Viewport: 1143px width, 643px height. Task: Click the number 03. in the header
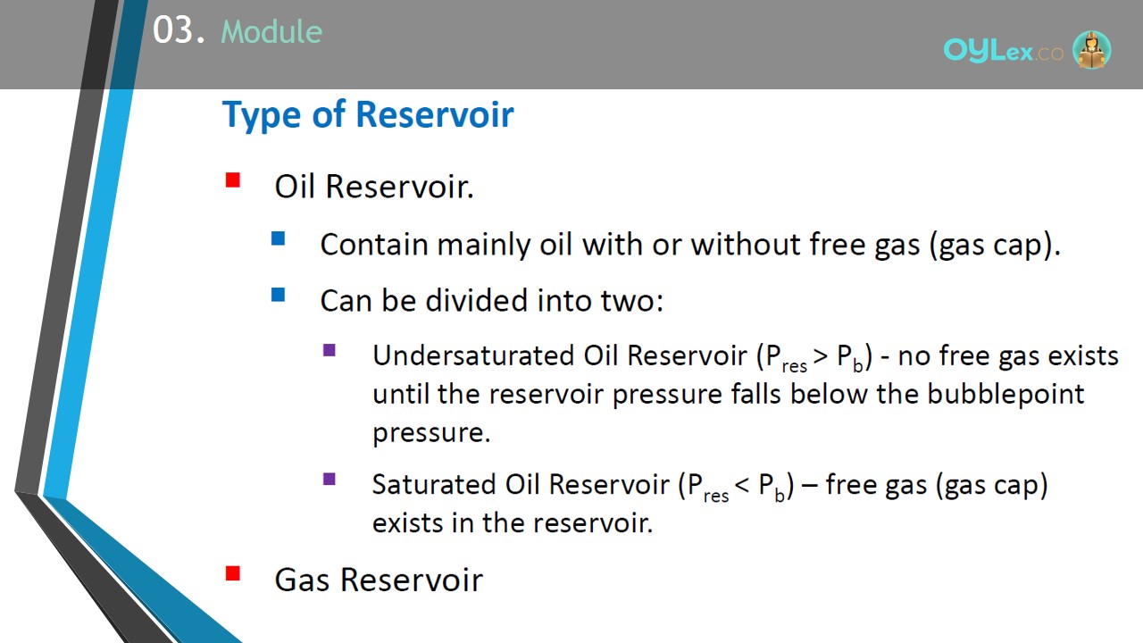(179, 30)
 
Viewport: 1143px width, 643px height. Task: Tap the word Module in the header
(271, 31)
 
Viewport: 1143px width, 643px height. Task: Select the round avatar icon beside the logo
(1091, 49)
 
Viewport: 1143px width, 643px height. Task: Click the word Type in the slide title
(262, 115)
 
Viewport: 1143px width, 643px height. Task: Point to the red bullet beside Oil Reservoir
(233, 180)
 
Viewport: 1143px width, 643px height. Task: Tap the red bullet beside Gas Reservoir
(233, 573)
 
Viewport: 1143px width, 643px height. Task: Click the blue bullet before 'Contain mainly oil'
(278, 238)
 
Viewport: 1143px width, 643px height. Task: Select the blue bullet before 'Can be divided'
(278, 295)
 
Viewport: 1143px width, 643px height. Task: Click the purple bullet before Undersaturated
(330, 350)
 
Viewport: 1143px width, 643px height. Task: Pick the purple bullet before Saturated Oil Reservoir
(330, 480)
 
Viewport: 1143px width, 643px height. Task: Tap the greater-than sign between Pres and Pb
(821, 356)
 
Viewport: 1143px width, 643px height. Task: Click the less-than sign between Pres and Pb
(742, 486)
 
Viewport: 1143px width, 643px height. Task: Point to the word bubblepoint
(1005, 395)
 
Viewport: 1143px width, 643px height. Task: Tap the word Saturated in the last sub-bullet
(434, 484)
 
